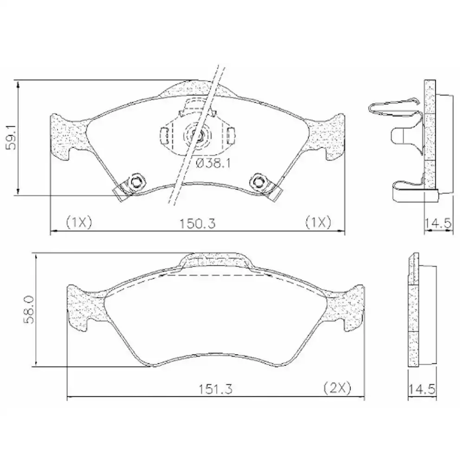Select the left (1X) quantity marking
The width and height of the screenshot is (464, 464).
point(79,222)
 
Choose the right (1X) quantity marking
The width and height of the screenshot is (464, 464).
point(318,222)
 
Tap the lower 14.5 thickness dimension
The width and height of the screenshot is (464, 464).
point(422,389)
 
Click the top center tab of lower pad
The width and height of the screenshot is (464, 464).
point(215,261)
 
